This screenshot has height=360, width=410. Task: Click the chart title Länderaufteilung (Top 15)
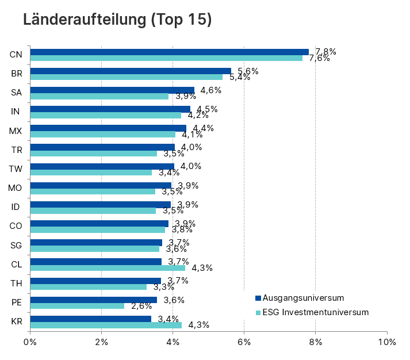pos(117,20)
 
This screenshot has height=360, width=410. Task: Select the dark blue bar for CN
pos(169,52)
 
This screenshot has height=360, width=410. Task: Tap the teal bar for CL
pos(108,268)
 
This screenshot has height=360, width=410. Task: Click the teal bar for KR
pos(106,325)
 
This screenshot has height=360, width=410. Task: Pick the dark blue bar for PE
pos(93,300)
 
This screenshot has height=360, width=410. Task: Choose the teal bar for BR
pos(126,77)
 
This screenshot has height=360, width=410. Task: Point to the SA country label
pos(16,93)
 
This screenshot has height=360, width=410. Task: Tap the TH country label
pos(16,283)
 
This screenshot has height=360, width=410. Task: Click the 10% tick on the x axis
pos(387,342)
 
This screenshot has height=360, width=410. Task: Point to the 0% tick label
pos(30,342)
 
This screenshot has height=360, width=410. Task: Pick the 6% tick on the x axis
pos(244,342)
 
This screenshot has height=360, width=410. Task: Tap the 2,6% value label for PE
pos(141,306)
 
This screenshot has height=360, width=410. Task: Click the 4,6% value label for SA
pos(211,90)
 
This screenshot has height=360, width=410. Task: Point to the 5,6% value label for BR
pos(248,71)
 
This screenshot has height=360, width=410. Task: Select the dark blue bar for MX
pos(108,128)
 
